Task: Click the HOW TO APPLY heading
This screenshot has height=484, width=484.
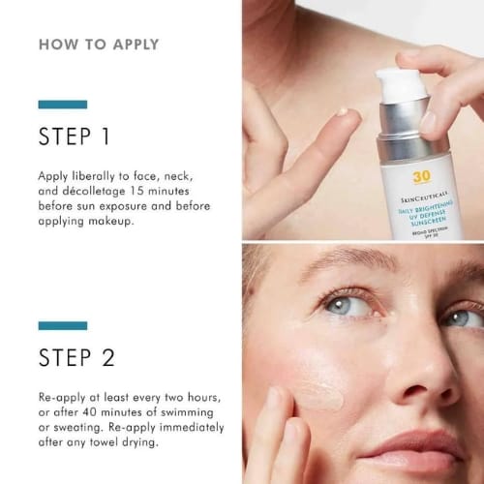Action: (99, 45)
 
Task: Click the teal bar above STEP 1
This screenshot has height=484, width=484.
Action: (62, 105)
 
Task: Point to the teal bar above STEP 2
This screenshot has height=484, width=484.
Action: (62, 326)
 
